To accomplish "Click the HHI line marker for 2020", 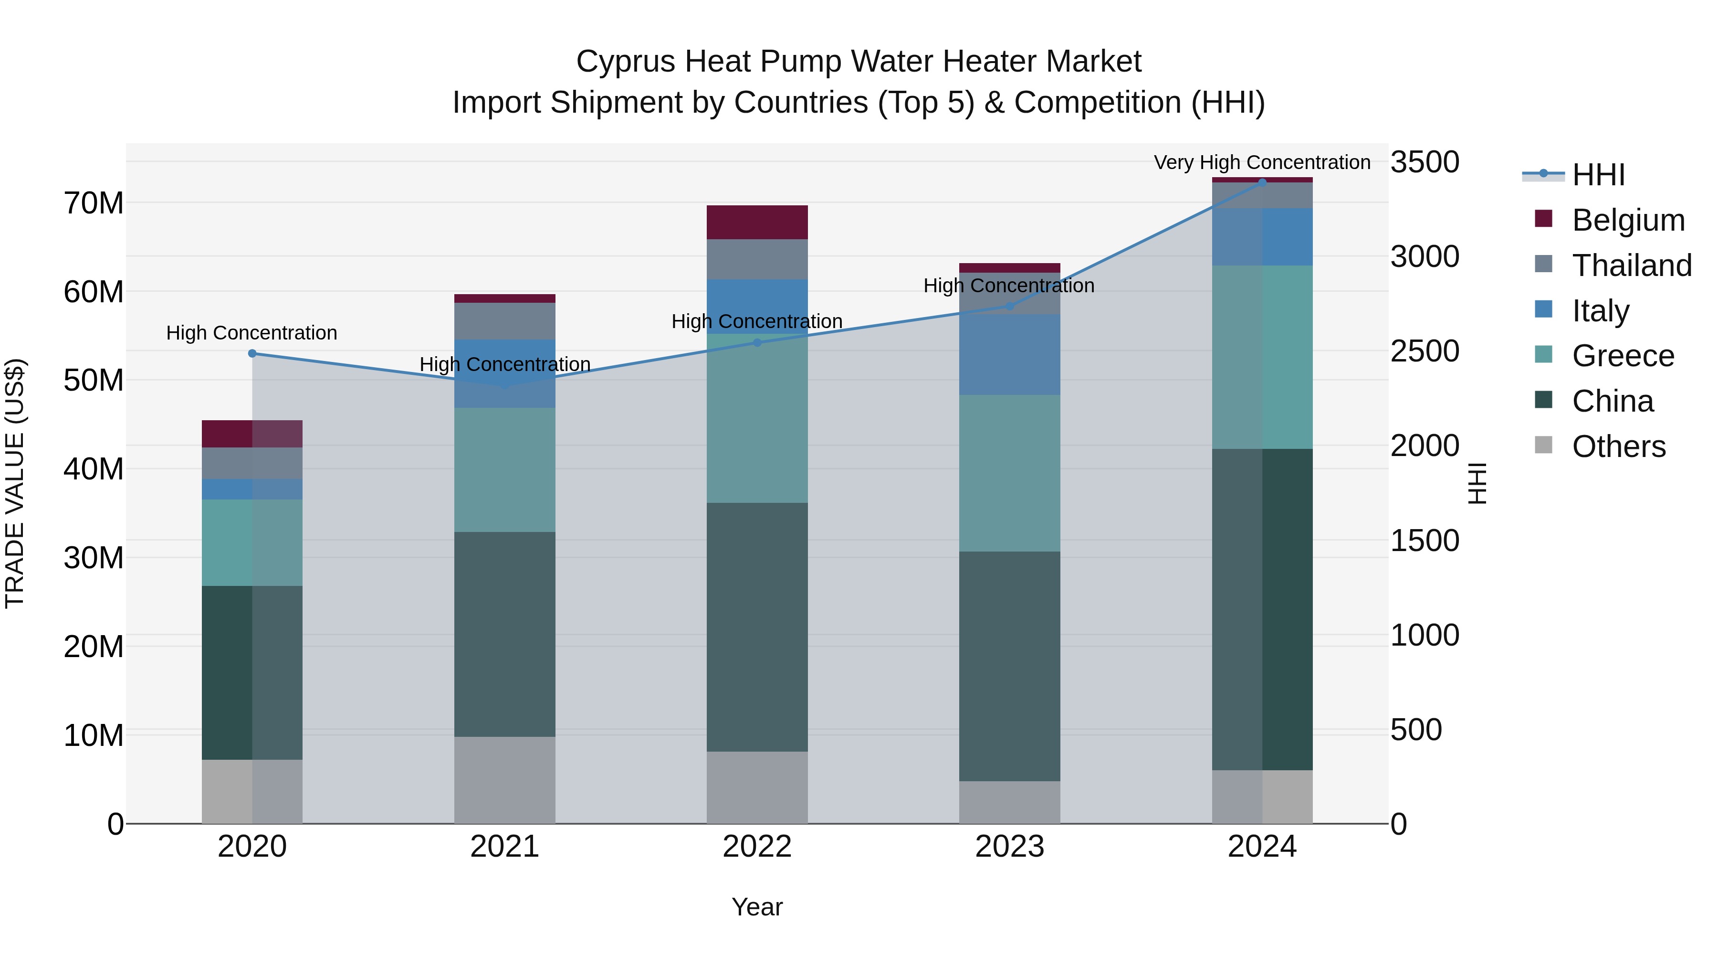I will coord(252,354).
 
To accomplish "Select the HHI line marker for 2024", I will coord(1262,182).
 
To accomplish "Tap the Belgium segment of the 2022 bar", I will coord(757,222).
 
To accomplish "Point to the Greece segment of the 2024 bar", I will coord(1262,357).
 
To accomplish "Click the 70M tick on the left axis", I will coord(94,203).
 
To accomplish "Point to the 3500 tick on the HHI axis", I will coord(1425,162).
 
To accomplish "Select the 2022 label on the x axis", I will coord(757,847).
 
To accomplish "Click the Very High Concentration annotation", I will coord(1262,162).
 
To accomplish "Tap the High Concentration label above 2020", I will coord(251,332).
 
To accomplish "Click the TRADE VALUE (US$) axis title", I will coord(15,483).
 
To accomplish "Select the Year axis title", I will coord(757,907).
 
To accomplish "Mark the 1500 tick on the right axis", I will coord(1425,541).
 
